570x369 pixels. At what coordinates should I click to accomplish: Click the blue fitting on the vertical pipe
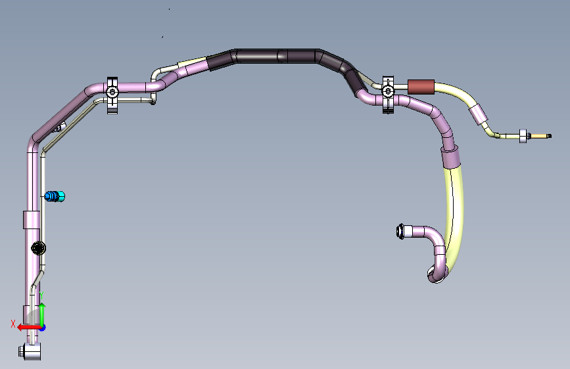coord(55,196)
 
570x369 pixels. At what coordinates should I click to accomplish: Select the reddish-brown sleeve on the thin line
coord(421,87)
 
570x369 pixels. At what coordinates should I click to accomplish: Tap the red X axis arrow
coord(30,328)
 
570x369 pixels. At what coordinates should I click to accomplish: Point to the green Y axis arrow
coord(42,315)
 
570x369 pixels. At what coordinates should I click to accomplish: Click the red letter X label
coord(13,324)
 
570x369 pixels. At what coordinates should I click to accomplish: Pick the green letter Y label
coord(41,295)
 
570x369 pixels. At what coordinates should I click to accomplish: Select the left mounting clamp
coord(112,95)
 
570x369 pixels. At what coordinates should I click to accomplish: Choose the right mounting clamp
coord(388,95)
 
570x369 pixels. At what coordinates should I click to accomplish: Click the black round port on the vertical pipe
coord(38,248)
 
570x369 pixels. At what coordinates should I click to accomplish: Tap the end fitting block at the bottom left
coord(30,351)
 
